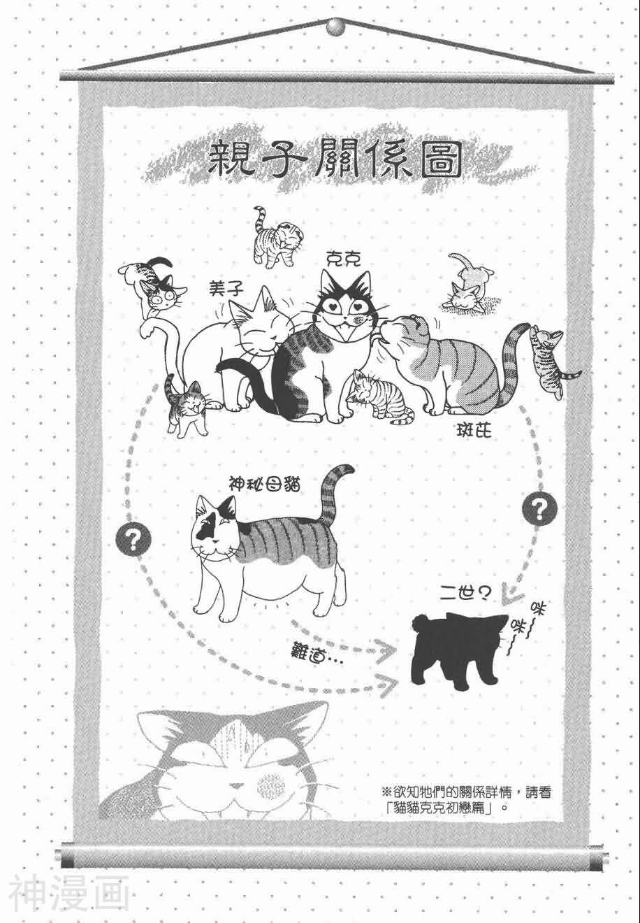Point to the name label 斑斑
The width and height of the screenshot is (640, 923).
(474, 431)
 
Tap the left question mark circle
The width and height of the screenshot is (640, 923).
(133, 540)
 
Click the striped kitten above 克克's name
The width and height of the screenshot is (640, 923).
(273, 236)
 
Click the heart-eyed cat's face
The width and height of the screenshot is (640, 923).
(345, 310)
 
